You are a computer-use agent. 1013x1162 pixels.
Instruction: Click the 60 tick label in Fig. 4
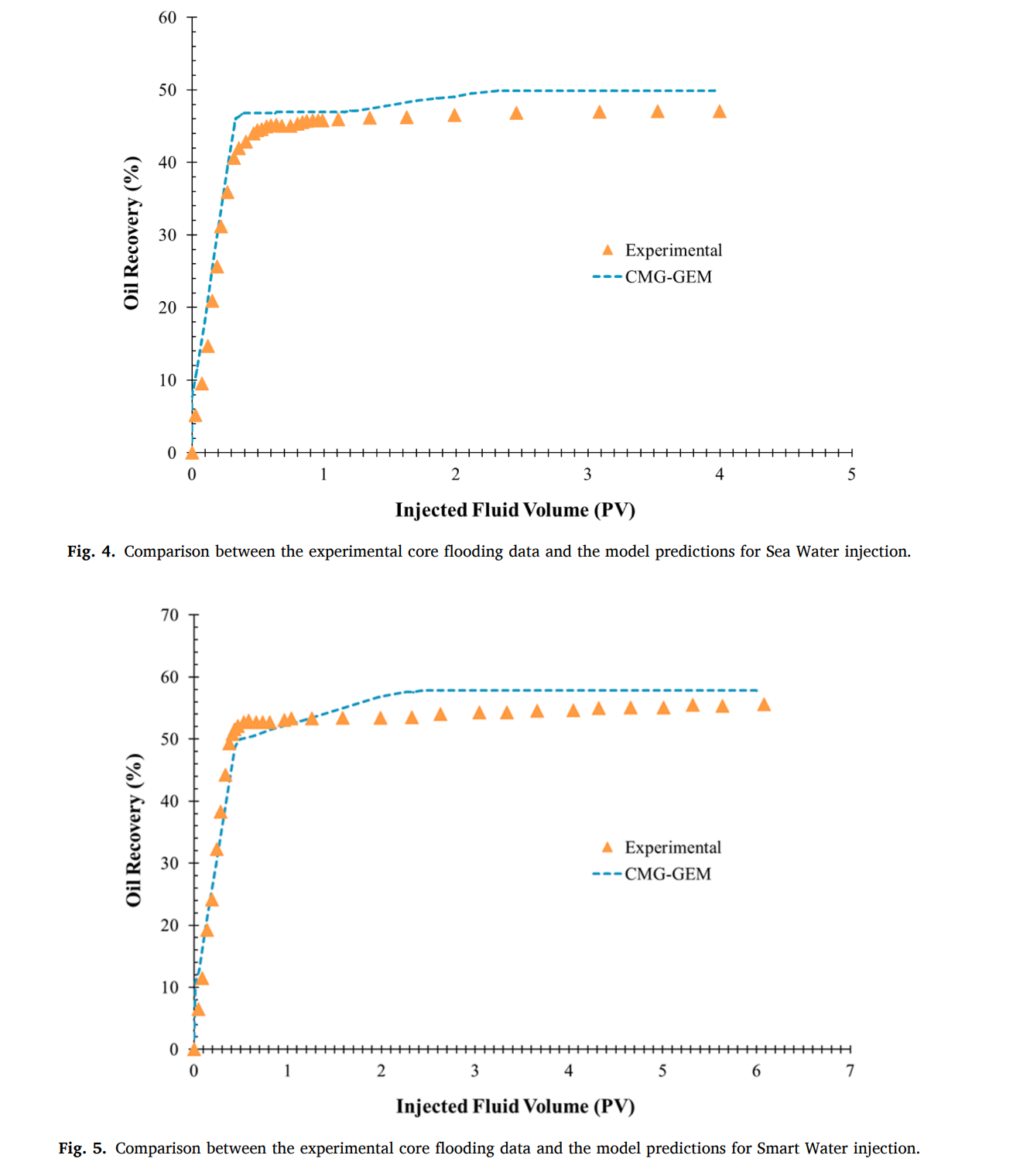click(167, 18)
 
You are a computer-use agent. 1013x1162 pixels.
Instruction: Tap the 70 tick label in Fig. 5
click(169, 615)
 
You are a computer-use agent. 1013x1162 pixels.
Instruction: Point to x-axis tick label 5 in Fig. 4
click(851, 475)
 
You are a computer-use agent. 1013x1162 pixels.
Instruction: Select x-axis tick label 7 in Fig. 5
click(850, 1071)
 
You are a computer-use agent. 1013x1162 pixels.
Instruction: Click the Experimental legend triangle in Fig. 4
click(607, 250)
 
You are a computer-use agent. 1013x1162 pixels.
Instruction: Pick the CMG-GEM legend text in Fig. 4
click(668, 277)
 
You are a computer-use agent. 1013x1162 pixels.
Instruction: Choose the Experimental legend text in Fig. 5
click(672, 848)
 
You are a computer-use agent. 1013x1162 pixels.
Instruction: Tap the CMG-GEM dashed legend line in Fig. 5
click(607, 874)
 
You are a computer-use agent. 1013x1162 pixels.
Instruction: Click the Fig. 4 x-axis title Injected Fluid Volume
click(515, 510)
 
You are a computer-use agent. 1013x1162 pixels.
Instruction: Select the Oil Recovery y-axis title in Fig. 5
click(134, 829)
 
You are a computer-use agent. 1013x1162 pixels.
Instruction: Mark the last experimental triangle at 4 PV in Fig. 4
click(719, 112)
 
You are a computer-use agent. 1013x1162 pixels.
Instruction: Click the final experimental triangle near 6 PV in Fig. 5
click(764, 704)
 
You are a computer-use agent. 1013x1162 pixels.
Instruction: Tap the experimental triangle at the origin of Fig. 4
click(192, 453)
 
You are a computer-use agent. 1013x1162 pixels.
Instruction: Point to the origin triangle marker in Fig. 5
click(193, 1049)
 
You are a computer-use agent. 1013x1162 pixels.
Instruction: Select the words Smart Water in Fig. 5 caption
click(797, 1149)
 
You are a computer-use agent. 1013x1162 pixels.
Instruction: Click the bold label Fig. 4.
click(91, 552)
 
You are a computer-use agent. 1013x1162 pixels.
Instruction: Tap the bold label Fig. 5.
click(82, 1149)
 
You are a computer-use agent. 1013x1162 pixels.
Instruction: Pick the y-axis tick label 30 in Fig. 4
click(167, 235)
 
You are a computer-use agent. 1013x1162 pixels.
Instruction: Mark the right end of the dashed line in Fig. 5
click(756, 690)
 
